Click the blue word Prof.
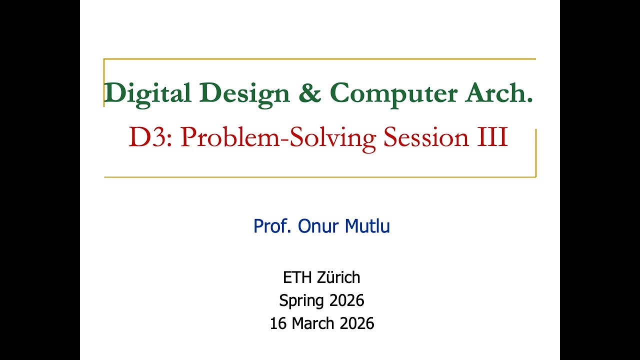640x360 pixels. click(x=273, y=226)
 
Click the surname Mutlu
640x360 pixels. click(x=367, y=226)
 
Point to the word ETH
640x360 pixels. click(x=297, y=277)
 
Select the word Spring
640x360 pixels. click(x=301, y=301)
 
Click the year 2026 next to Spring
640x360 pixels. click(x=346, y=300)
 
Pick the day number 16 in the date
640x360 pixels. click(x=278, y=323)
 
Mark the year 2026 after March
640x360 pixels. click(x=356, y=323)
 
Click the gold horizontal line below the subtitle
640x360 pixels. click(x=320, y=176)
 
